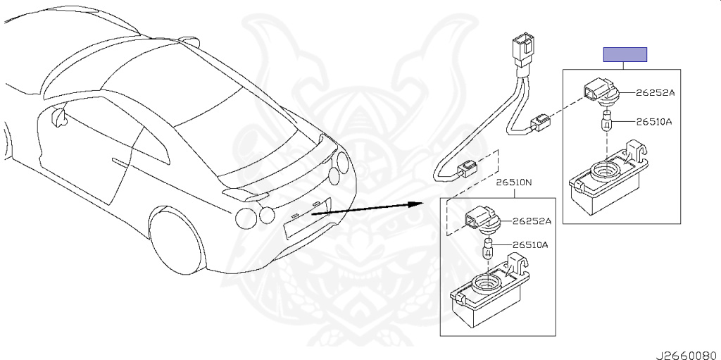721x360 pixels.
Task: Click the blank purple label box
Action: pos(625,55)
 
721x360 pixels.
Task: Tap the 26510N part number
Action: pos(513,182)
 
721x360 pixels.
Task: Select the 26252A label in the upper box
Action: pos(655,93)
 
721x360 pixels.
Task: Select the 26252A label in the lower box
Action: pos(532,221)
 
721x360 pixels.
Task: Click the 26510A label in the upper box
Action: pos(654,122)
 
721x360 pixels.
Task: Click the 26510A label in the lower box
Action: pos(530,245)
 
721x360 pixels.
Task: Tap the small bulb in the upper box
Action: pos(606,124)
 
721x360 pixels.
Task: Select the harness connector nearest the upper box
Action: pos(541,124)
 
